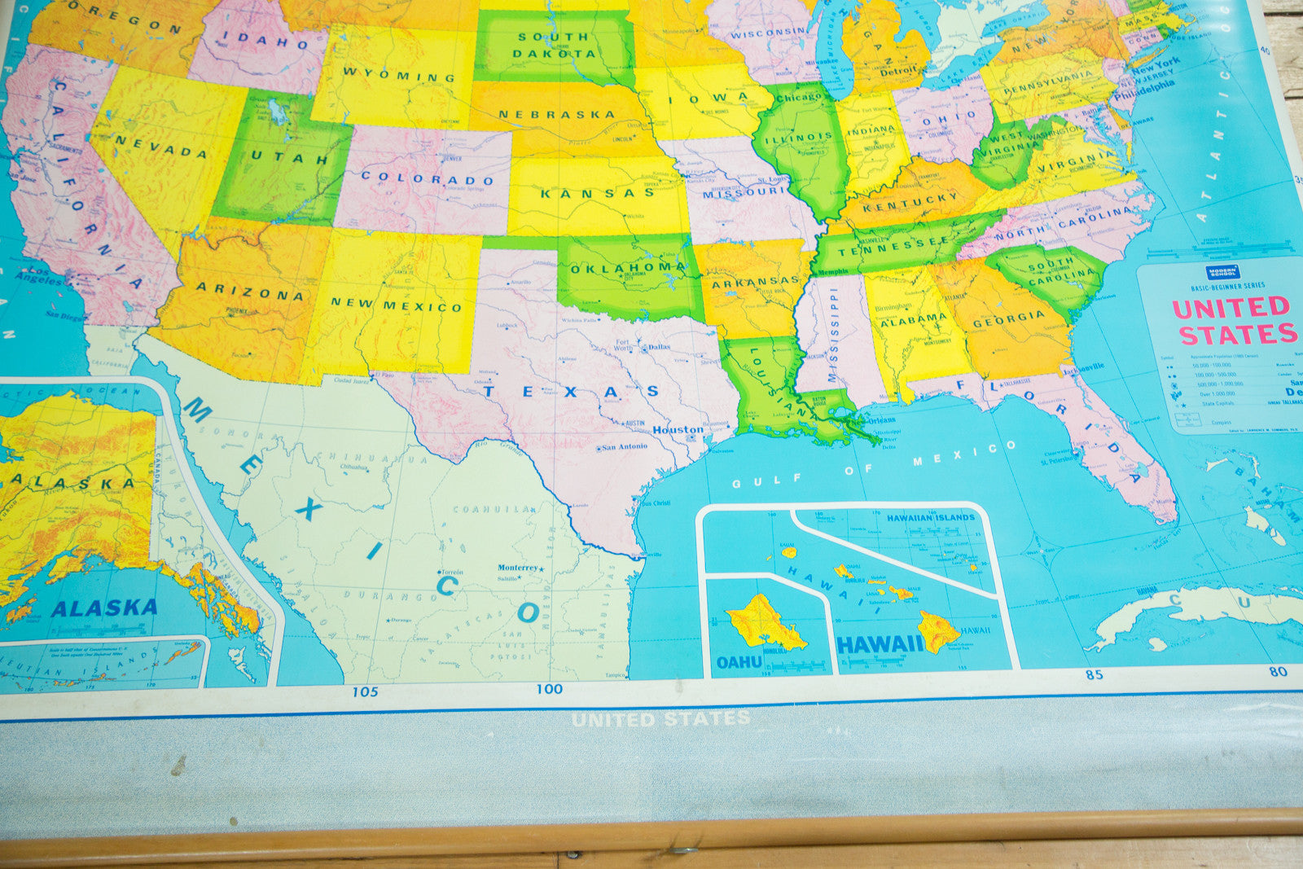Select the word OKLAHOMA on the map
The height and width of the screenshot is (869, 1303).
point(628,267)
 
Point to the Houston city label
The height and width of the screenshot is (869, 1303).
point(678,430)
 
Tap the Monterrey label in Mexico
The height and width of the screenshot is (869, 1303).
point(518,568)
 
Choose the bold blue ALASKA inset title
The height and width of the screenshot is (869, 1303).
point(104,608)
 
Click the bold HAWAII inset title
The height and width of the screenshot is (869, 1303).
point(880,645)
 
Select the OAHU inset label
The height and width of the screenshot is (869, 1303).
point(739,662)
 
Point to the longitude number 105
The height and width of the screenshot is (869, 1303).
point(365,692)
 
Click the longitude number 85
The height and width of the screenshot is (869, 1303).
point(1093,674)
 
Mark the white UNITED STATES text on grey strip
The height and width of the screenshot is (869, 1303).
point(660,719)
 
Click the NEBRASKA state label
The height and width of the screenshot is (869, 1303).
point(557,114)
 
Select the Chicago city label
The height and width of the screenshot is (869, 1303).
point(799,98)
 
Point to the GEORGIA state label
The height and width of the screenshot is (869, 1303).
point(1008,318)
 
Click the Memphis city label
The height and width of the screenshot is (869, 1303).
point(831,272)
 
